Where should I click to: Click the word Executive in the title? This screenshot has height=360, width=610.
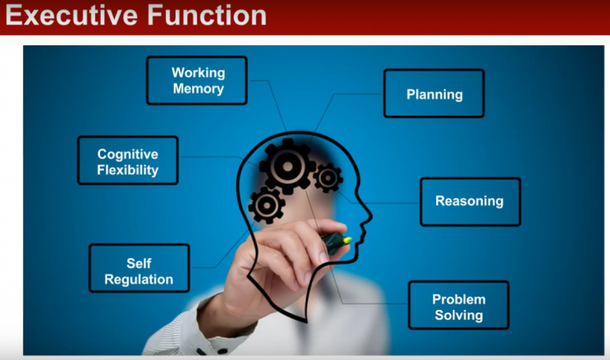71,16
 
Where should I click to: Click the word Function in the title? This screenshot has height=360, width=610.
207,16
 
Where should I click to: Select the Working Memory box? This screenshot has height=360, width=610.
197,80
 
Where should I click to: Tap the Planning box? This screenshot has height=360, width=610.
434,94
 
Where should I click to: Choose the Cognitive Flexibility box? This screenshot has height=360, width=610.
128,160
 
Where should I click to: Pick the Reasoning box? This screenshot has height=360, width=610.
470,202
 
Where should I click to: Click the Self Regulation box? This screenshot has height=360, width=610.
139,268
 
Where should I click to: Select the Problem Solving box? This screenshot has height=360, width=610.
458,305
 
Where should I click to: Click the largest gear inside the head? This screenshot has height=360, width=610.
288,166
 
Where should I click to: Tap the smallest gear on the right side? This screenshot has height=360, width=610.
328,178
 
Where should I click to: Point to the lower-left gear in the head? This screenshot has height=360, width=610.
267,205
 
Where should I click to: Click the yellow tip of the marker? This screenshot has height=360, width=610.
347,240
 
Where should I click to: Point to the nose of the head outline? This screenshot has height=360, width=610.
367,215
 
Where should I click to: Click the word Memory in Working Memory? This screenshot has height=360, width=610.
199,89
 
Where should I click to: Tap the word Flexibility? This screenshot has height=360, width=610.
128,170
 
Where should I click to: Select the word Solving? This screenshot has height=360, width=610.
458,315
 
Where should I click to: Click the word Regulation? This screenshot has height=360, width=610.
139,279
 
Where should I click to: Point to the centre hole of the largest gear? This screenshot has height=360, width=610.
288,166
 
